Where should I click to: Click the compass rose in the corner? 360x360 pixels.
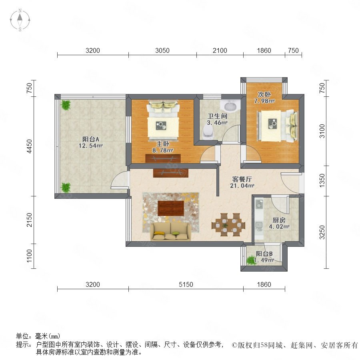(20, 20)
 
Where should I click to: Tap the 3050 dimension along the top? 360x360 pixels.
(162, 50)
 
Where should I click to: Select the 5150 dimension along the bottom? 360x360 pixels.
(186, 284)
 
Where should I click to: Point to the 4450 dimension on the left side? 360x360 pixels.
(29, 146)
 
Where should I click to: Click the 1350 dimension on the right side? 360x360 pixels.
(322, 180)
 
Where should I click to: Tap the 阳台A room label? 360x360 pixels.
(91, 139)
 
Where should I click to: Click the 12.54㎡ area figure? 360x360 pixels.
(91, 146)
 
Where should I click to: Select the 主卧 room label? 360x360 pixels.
(163, 144)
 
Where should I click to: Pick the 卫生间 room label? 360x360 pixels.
(217, 116)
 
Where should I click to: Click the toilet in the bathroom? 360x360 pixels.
(208, 133)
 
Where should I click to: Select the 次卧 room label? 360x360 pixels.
(264, 94)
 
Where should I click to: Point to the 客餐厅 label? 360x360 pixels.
(242, 179)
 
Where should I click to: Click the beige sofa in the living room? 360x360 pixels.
(170, 232)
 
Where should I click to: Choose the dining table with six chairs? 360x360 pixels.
(228, 225)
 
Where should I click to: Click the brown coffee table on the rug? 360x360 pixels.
(171, 208)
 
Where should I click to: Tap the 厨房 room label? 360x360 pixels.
(279, 220)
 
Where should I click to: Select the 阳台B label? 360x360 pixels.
(264, 254)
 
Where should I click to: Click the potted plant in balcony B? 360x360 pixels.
(251, 260)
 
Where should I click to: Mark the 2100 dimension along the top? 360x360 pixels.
(220, 50)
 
